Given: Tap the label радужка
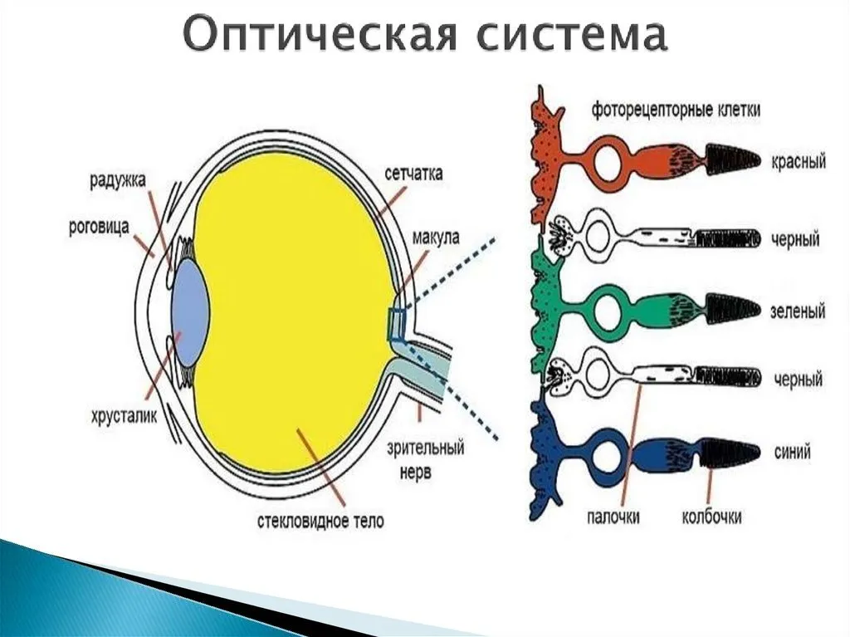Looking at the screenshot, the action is tap(118, 180).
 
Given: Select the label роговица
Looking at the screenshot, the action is tap(100, 226).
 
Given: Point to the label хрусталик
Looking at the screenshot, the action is tap(125, 416).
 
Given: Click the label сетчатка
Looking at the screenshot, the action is tap(413, 173).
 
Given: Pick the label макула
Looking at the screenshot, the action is tap(436, 238).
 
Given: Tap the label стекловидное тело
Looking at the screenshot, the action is tap(320, 521).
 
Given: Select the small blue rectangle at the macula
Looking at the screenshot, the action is tap(396, 325).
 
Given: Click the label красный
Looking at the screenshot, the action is tap(799, 162).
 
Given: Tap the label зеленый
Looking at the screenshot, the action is tap(798, 311).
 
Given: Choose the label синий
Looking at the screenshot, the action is tap(792, 452).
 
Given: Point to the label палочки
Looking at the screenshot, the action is tap(613, 517).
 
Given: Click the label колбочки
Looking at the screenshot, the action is tap(711, 517).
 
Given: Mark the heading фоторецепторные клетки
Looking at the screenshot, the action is tap(676, 110).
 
